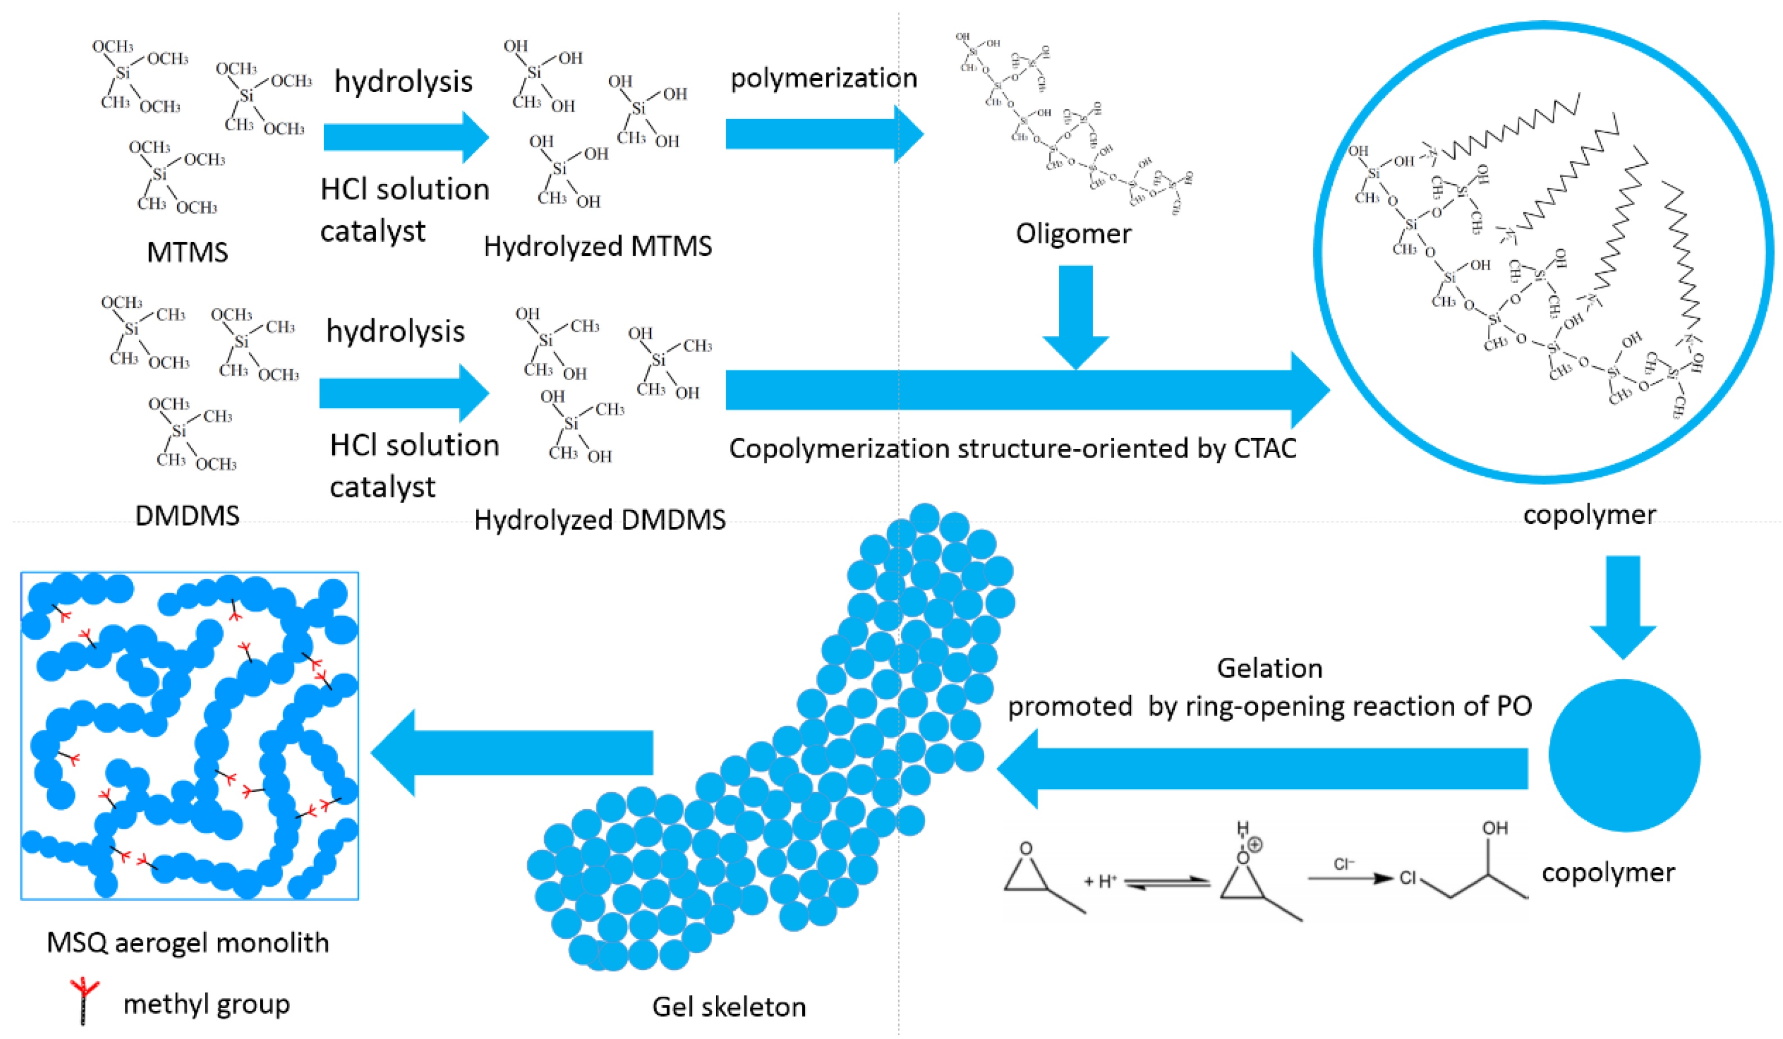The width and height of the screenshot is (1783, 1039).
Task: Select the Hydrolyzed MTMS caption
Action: pos(598,246)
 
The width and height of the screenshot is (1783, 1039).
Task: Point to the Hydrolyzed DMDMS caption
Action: pos(600,519)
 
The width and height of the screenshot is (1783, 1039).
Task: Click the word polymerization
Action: pos(823,78)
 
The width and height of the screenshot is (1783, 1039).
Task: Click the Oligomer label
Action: pos(1073,233)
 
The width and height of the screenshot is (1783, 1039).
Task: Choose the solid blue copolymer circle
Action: pos(1624,755)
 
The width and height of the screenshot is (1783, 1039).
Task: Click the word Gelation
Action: pos(1269,668)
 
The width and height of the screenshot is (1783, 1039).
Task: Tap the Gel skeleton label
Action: pos(728,1006)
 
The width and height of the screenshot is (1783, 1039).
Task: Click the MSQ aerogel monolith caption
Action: pos(188,943)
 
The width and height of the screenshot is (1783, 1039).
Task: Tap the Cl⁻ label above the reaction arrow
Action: pos(1343,864)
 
